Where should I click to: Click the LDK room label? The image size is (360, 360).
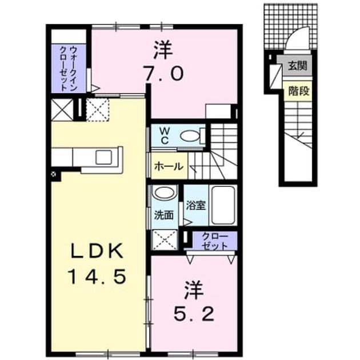[97, 251]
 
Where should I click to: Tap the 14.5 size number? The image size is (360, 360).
[97, 277]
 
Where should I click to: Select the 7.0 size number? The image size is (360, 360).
[163, 74]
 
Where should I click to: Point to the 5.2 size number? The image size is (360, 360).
[194, 314]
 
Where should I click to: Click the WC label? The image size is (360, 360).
[164, 136]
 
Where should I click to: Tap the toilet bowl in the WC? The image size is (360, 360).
[190, 136]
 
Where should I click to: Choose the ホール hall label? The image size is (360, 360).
[169, 166]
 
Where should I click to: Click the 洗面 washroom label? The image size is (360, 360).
[163, 215]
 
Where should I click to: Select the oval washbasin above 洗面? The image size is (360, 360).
[165, 193]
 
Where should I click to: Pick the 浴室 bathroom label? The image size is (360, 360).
[195, 205]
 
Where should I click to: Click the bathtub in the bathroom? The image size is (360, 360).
[223, 205]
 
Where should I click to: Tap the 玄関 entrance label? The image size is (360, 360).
[297, 66]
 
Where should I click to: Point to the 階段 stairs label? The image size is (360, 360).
[299, 91]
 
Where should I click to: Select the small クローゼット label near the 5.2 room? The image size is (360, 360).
[214, 241]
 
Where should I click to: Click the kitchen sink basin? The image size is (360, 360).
[104, 157]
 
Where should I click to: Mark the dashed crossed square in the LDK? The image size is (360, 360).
[98, 110]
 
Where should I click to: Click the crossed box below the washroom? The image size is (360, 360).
[165, 239]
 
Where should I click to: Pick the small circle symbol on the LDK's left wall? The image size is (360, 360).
[54, 174]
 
